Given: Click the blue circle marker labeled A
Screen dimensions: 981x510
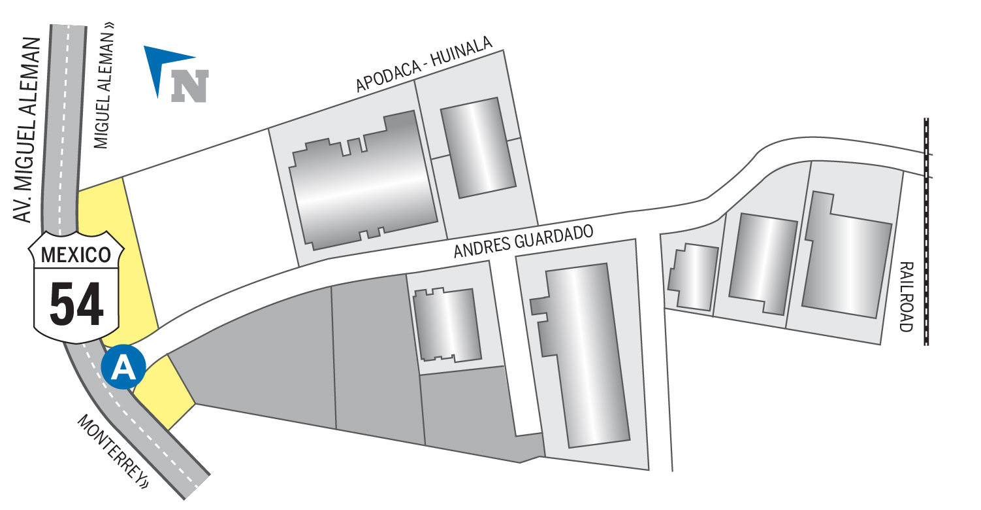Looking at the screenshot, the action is coord(123,367).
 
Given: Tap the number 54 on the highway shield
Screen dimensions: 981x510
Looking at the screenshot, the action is coord(76,303).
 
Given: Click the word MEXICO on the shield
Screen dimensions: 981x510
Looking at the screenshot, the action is coord(76,255).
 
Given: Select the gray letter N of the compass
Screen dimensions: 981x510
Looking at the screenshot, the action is coord(189,86).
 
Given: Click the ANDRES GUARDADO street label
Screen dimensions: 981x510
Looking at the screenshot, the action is coord(523,241).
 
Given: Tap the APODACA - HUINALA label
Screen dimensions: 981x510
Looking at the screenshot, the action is coord(424,64).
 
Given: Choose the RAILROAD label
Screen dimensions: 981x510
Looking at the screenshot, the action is coord(907,297).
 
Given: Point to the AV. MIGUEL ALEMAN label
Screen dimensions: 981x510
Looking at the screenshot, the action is coord(26,130).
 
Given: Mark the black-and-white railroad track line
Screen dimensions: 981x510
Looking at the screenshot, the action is coord(926,231).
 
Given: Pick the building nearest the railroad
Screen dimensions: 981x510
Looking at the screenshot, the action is coord(846,255).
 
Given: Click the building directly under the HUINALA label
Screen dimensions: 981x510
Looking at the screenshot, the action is coord(478,148).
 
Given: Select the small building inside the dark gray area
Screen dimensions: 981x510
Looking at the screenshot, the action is coord(447,324).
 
